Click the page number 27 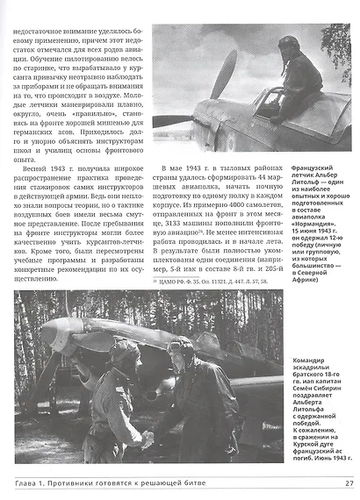(x=348, y=482)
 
